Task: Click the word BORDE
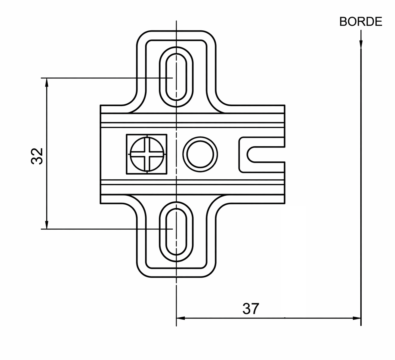click(x=360, y=22)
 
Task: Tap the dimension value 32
click(x=37, y=156)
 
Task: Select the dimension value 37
click(x=251, y=309)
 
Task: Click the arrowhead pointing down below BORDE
click(x=361, y=44)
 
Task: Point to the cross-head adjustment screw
click(x=147, y=154)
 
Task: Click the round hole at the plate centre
click(x=200, y=154)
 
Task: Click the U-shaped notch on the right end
click(x=247, y=154)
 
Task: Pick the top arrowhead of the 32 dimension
click(x=47, y=82)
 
